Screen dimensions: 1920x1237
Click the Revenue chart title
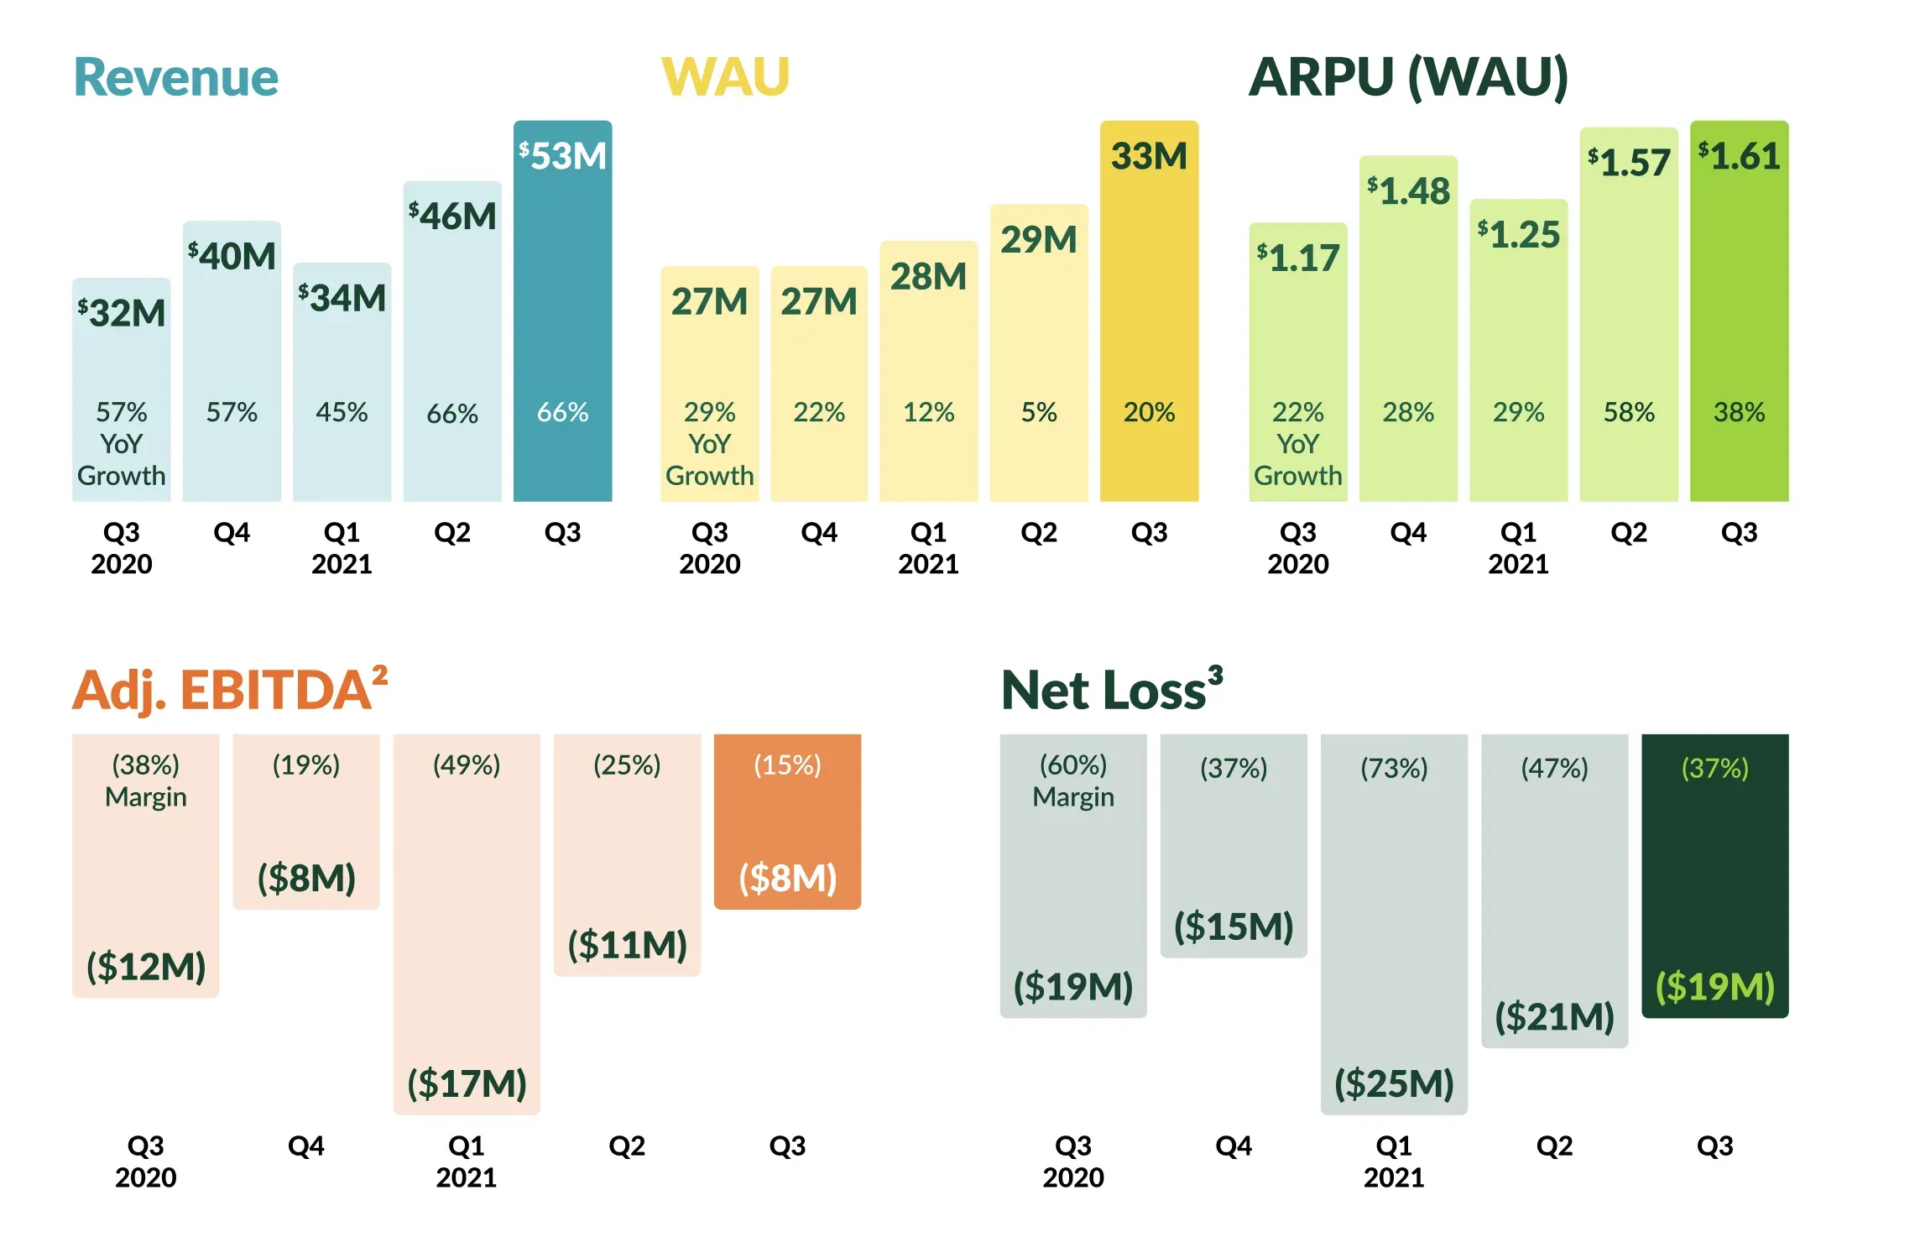(x=176, y=77)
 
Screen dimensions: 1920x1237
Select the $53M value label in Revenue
(x=563, y=156)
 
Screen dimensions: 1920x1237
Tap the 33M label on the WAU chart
(x=1150, y=156)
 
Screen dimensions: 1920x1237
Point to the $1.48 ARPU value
(x=1409, y=191)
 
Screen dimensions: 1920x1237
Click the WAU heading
(x=726, y=77)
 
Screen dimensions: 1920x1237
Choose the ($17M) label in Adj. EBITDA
(x=467, y=1083)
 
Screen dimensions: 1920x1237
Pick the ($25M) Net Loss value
(x=1395, y=1083)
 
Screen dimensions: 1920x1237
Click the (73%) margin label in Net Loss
(x=1395, y=768)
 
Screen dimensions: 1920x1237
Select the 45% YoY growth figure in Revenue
(x=342, y=412)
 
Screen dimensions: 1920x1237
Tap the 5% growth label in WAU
(x=1039, y=412)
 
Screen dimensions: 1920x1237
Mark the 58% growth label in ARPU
(x=1630, y=412)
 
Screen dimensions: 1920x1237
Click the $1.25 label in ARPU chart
(x=1519, y=235)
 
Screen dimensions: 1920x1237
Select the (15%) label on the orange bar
(x=788, y=765)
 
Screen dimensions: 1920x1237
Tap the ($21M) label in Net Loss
(x=1555, y=1016)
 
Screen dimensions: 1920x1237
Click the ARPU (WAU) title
(x=1409, y=78)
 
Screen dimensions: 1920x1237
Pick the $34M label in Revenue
(x=342, y=298)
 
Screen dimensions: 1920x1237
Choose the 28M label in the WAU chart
(x=929, y=277)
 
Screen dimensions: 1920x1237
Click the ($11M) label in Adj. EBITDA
(x=628, y=945)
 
